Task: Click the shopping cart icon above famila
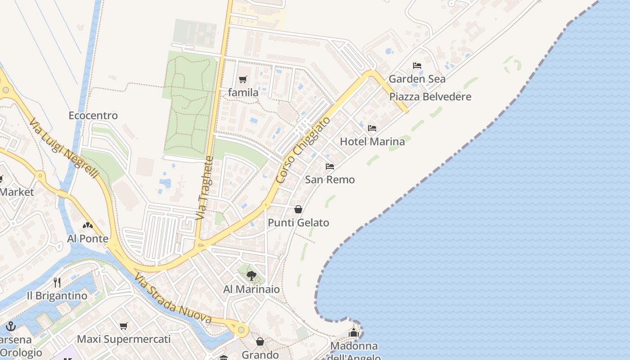[243, 80]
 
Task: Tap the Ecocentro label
[93, 116]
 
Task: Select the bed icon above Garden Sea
[417, 66]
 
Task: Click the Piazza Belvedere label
[430, 97]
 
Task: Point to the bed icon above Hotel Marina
[372, 128]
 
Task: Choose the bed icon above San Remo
[330, 166]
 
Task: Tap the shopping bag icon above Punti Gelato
[298, 209]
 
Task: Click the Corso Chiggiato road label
[303, 150]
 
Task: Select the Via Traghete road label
[204, 188]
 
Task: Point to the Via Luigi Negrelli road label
[63, 148]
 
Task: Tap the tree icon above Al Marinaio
[252, 275]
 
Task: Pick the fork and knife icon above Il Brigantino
[57, 282]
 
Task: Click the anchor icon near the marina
[11, 326]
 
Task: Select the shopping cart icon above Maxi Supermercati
[124, 326]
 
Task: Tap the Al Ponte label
[88, 238]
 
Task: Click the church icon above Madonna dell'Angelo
[354, 333]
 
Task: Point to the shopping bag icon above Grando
[260, 342]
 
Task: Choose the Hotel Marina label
[372, 142]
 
